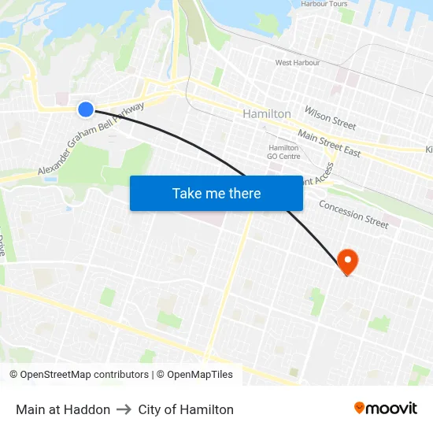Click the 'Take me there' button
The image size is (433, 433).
pos(216,193)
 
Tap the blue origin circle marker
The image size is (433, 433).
pos(86,109)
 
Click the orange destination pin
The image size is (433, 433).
pos(346,261)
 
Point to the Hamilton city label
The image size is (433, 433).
pos(267,114)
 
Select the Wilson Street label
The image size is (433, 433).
pos(331,119)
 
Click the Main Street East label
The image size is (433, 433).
pos(329,145)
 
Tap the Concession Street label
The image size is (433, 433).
pos(353,214)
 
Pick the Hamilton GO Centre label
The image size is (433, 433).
pos(283,152)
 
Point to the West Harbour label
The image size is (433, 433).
pos(298,63)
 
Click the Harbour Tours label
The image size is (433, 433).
pos(324,4)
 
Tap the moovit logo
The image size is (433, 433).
pos(385,409)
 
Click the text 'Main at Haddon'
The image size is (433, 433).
pos(63,409)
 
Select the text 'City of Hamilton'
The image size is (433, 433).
pos(186,409)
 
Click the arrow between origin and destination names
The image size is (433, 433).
pos(124,409)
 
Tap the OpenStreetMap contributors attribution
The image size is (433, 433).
pos(79,375)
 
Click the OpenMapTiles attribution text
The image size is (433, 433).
pos(194,375)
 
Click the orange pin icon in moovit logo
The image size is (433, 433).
pos(360,408)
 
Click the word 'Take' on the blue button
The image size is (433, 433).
pos(187,193)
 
